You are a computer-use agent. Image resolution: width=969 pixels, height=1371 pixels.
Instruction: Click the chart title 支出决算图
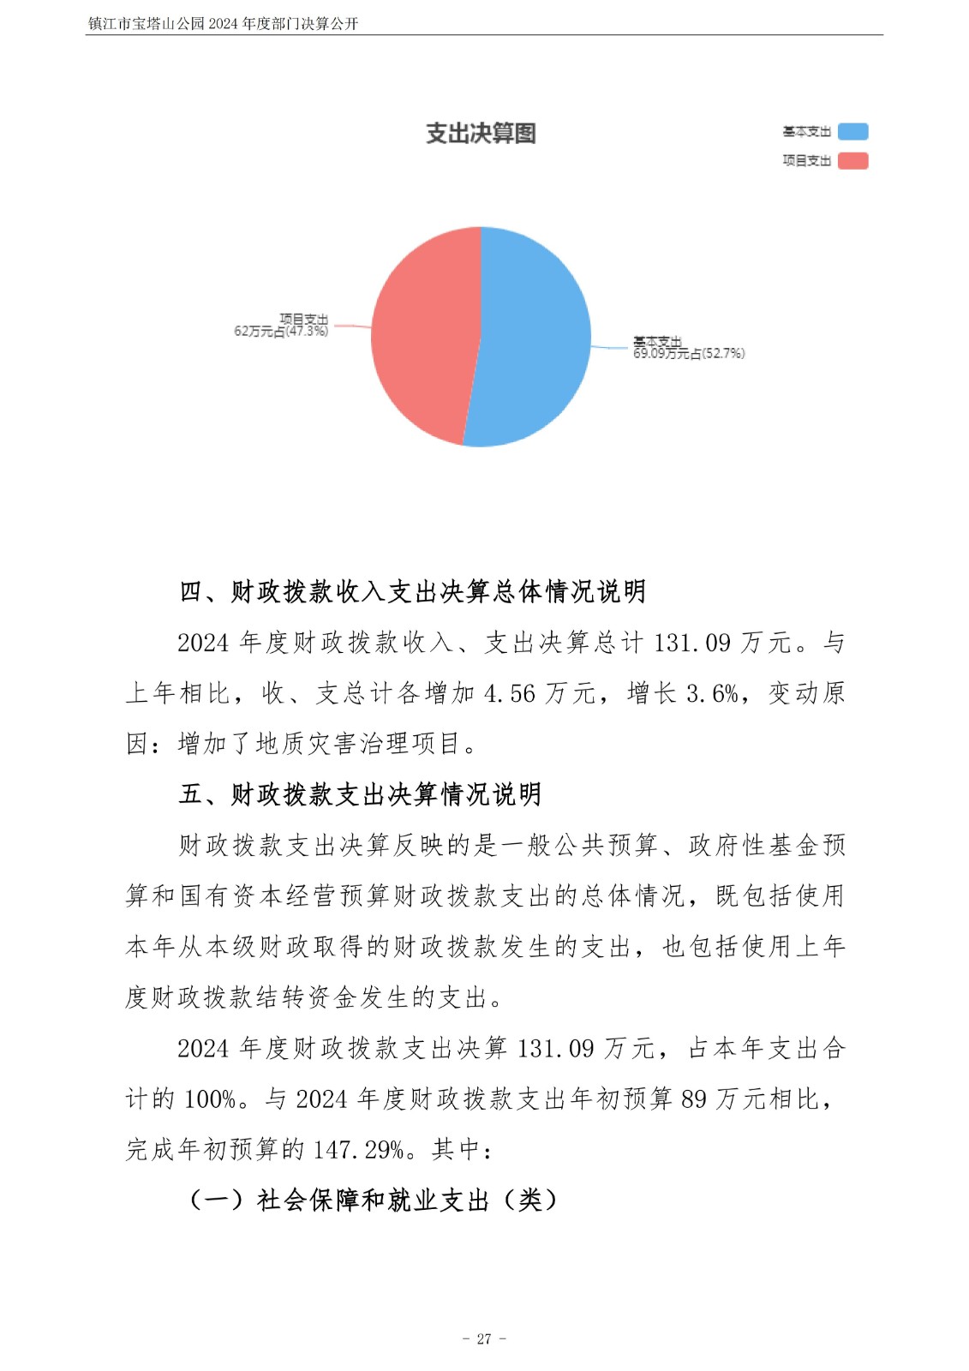pos(481,134)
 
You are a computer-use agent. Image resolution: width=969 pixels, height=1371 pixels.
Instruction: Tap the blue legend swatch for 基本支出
pos(852,132)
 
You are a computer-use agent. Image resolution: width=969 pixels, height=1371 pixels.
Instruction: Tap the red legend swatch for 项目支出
pos(852,161)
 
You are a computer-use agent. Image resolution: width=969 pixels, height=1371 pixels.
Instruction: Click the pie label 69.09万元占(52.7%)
pos(689,353)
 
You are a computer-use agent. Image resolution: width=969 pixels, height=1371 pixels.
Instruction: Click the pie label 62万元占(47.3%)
pos(281,331)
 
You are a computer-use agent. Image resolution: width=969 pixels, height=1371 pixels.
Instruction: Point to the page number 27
pos(484,1338)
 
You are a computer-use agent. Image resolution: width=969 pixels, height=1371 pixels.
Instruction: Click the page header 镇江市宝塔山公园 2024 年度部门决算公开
pos(223,24)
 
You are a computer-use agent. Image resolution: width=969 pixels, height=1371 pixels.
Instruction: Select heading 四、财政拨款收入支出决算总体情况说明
pos(412,591)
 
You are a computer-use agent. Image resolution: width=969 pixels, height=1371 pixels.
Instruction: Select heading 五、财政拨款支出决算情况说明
pos(360,794)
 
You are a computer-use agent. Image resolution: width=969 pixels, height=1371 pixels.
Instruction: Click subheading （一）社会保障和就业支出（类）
pos(372,1200)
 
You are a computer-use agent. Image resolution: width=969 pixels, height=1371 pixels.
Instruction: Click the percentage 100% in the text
pos(210,1099)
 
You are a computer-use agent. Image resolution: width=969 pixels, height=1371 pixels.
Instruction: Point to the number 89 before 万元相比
pos(694,1099)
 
